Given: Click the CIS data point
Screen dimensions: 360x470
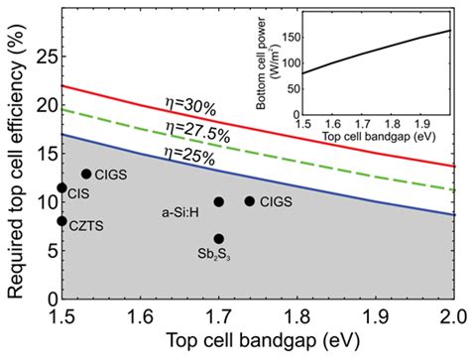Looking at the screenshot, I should pyautogui.click(x=61, y=187).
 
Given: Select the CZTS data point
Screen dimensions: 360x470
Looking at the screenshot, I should pyautogui.click(x=61, y=221).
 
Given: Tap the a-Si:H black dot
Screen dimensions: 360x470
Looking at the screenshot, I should pyautogui.click(x=219, y=201).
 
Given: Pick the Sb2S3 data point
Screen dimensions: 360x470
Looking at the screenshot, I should pyautogui.click(x=219, y=238).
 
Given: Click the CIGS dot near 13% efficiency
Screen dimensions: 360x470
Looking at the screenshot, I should pyautogui.click(x=86, y=174).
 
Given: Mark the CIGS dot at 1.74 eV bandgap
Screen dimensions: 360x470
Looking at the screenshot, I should pyautogui.click(x=250, y=201).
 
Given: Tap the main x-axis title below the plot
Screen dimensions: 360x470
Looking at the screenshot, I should pyautogui.click(x=257, y=341).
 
